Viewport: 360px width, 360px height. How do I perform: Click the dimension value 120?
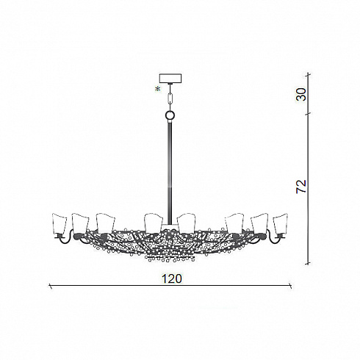click(172, 278)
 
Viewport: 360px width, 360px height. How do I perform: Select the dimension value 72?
click(301, 187)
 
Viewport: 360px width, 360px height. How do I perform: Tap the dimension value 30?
click(301, 94)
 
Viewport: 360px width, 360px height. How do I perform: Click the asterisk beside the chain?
click(158, 90)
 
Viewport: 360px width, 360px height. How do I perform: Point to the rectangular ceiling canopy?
click(170, 79)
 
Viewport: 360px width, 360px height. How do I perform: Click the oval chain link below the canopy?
click(170, 98)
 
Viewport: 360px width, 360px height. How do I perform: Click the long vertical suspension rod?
click(170, 171)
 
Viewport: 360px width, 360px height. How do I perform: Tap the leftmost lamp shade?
click(60, 223)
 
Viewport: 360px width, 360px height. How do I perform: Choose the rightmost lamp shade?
click(280, 223)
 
